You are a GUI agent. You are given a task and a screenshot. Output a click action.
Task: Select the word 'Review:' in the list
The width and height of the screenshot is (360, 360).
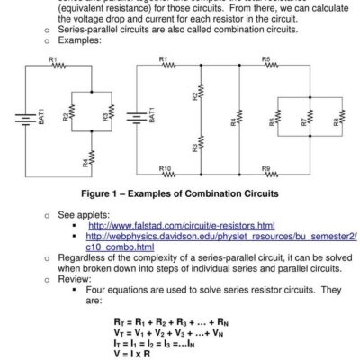[74, 279]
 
